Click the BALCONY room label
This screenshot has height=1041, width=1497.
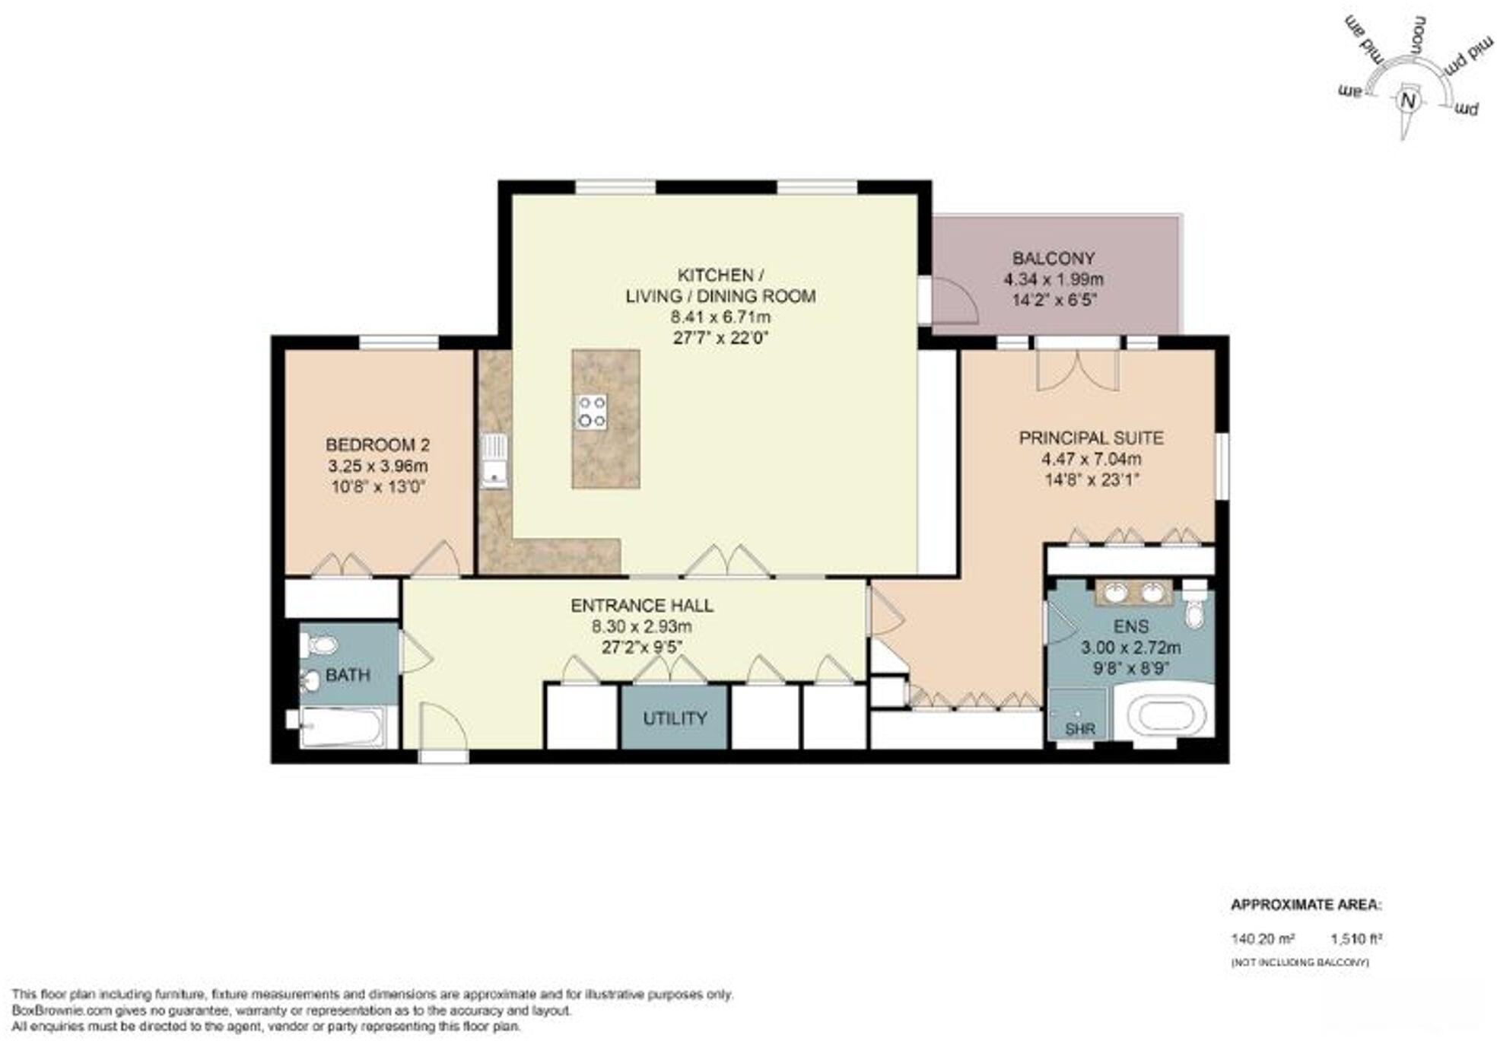[1053, 258]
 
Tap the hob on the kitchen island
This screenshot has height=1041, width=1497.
[591, 412]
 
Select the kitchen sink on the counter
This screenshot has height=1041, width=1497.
[494, 460]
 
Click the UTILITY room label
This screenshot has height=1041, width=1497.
[675, 718]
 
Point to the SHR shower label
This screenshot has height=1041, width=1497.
[1080, 729]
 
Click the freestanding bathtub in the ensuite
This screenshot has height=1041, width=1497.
[1163, 715]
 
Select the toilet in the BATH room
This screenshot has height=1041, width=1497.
[319, 646]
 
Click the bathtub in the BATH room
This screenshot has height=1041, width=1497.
[342, 728]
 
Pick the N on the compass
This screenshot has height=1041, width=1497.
[1409, 101]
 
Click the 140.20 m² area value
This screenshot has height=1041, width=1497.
[1263, 939]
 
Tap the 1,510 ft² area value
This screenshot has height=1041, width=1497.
[1356, 939]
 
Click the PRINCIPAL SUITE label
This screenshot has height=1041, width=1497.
[1091, 438]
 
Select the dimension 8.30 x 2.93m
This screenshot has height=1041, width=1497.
[641, 626]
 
